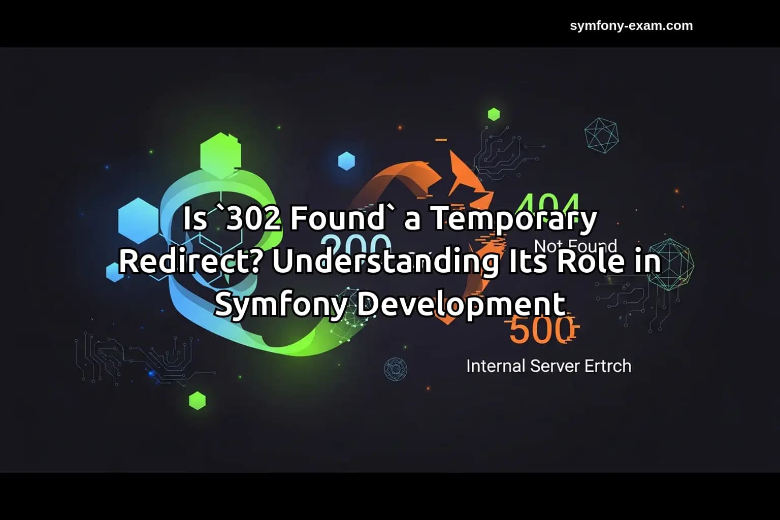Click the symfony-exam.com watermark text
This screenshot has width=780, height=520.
pos(631,26)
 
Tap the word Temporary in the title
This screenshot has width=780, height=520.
pos(514,218)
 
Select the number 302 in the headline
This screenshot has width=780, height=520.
pos(252,218)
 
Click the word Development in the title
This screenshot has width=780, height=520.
pos(460,304)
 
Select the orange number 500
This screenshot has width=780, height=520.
pos(541,331)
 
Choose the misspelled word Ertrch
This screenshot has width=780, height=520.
pos(607,366)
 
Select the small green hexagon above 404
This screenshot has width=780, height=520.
pos(494,114)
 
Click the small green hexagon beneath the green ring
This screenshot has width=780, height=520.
pos(197,401)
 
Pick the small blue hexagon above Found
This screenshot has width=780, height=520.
pos(346,161)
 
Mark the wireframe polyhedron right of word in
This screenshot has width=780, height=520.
pos(671,264)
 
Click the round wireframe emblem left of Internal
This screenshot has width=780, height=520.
pos(395,369)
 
